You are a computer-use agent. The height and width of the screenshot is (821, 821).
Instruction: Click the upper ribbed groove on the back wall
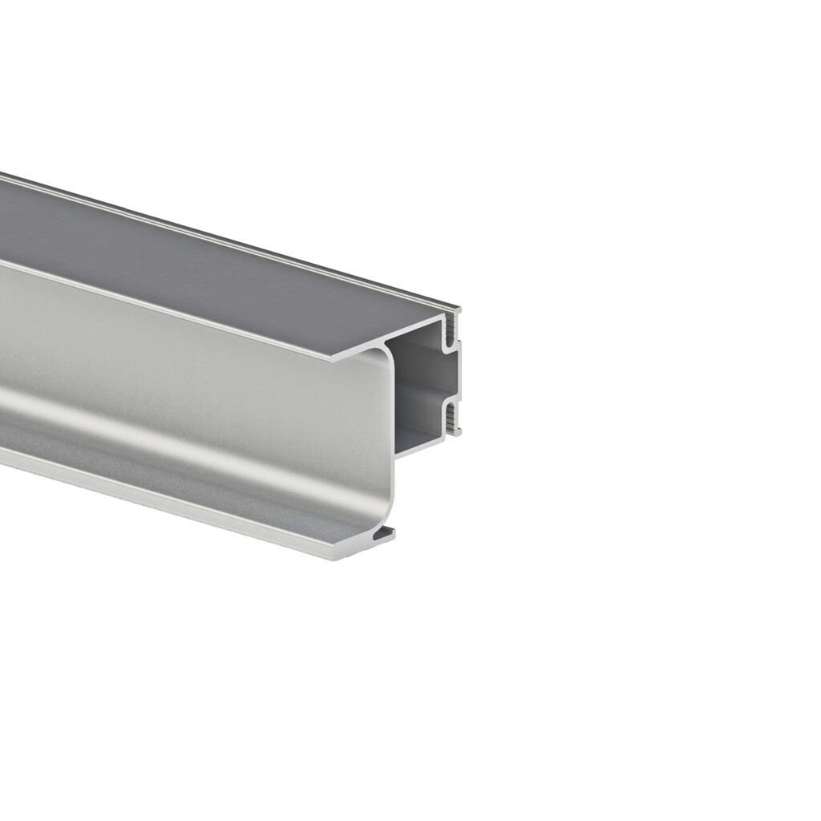(451, 328)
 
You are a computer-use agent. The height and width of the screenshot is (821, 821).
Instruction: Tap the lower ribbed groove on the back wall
(452, 418)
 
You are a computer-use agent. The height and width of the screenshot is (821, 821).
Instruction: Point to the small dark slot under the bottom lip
(386, 532)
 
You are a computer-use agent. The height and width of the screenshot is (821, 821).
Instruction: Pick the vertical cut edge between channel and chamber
(392, 433)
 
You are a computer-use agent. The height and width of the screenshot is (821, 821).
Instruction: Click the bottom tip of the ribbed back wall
(456, 433)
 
